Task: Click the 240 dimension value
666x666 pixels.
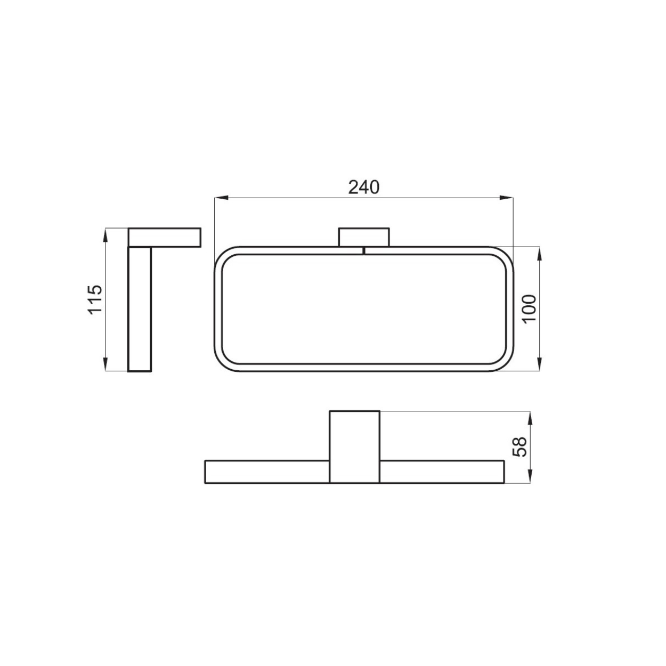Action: [x=363, y=188]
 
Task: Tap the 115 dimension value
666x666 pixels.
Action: [x=95, y=299]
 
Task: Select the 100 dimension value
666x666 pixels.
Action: [x=529, y=309]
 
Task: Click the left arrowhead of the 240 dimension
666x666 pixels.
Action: [x=221, y=198]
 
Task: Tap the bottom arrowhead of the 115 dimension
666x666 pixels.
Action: [x=105, y=364]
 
